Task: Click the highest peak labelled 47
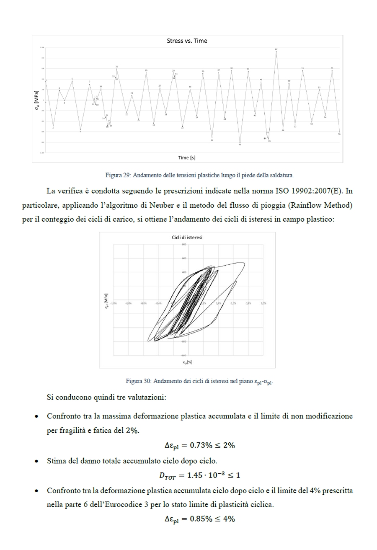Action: click(276, 51)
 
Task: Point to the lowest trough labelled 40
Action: click(240, 142)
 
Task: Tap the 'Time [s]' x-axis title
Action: click(187, 158)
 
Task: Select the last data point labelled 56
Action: click(339, 132)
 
